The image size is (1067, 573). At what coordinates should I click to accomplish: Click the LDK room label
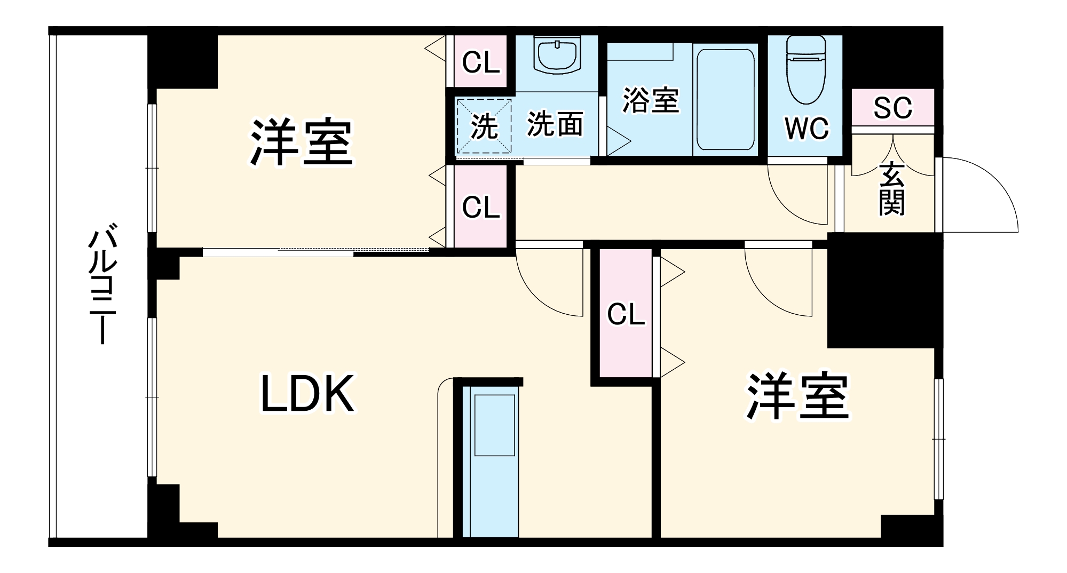pyautogui.click(x=307, y=394)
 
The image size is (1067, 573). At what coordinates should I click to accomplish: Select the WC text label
pyautogui.click(x=807, y=129)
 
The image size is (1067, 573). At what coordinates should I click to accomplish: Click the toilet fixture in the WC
pyautogui.click(x=806, y=69)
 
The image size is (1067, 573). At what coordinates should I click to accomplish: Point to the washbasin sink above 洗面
pyautogui.click(x=557, y=55)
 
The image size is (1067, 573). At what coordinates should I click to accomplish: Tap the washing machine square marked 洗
pyautogui.click(x=484, y=126)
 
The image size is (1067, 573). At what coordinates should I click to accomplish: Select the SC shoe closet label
pyautogui.click(x=892, y=108)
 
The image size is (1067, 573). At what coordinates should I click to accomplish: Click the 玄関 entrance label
pyautogui.click(x=892, y=189)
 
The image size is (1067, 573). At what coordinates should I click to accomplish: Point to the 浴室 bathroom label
pyautogui.click(x=651, y=100)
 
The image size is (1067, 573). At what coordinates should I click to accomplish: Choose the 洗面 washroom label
pyautogui.click(x=555, y=124)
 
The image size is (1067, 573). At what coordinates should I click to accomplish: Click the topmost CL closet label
pyautogui.click(x=481, y=62)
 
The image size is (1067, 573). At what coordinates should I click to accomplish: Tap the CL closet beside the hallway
pyautogui.click(x=481, y=207)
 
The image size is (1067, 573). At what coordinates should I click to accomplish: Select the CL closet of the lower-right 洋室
pyautogui.click(x=626, y=314)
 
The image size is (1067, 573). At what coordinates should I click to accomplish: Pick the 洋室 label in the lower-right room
pyautogui.click(x=798, y=396)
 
